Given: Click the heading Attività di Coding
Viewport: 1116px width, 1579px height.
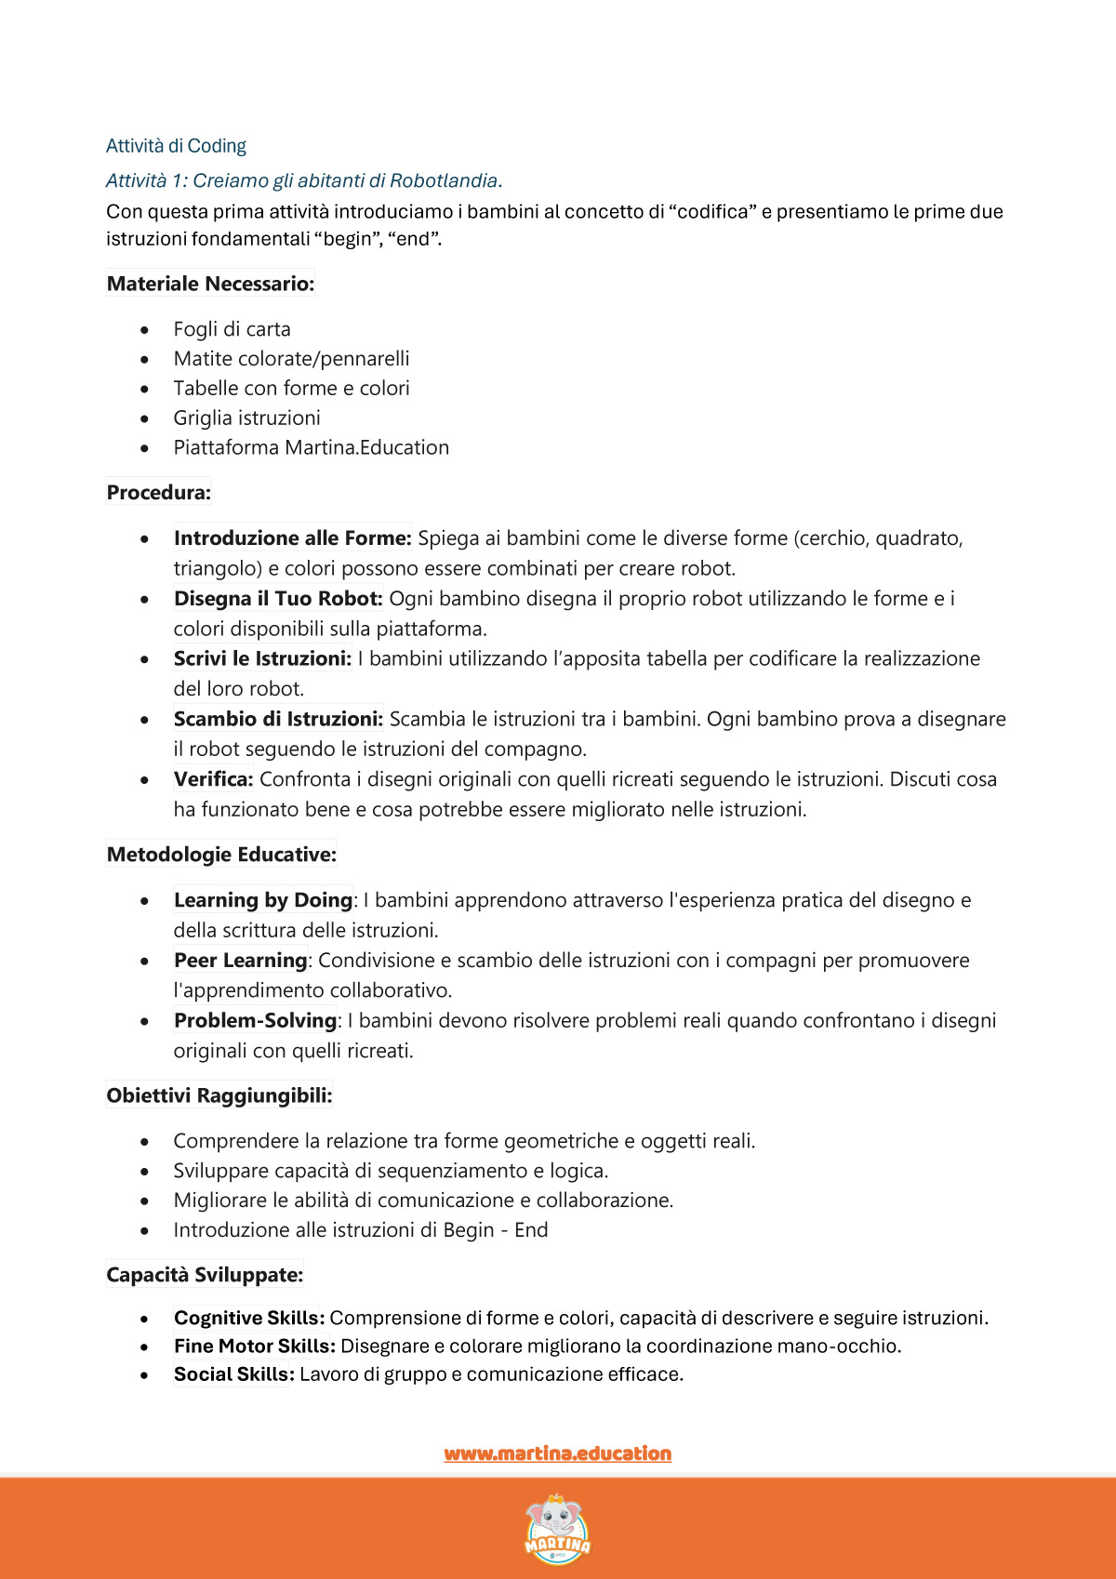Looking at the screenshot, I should (x=176, y=146).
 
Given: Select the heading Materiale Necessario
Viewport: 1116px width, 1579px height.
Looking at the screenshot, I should (x=210, y=284).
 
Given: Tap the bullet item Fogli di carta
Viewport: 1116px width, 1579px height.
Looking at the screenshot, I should (x=232, y=329).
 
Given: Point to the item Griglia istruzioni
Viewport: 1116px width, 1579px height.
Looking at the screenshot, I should (x=246, y=418).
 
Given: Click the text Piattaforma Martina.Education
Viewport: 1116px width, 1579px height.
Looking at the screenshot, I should (x=311, y=447).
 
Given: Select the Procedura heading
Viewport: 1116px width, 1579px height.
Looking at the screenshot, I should (x=159, y=492).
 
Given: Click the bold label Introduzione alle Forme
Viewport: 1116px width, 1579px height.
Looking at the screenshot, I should (x=292, y=538).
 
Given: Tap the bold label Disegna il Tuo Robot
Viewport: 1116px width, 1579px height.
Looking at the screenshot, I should (x=278, y=599).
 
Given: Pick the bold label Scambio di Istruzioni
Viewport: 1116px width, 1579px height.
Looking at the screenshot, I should (x=278, y=719).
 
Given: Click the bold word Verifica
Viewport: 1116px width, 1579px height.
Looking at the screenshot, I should (x=213, y=779).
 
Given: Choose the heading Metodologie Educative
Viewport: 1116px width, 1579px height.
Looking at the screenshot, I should (x=221, y=855).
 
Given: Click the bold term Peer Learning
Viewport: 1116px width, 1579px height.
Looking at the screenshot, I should (x=240, y=961).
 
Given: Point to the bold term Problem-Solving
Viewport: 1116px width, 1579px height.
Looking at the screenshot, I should (x=255, y=1020).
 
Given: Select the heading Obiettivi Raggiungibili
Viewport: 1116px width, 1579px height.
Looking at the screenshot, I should (x=219, y=1095).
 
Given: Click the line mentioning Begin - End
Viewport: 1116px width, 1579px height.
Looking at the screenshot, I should (x=360, y=1230).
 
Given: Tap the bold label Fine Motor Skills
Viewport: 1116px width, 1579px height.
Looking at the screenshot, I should (x=254, y=1346).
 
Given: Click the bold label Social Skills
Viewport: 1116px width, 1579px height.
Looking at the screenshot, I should (x=233, y=1374).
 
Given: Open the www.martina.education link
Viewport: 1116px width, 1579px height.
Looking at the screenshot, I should (x=557, y=1453).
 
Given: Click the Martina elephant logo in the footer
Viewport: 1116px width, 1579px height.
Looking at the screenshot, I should (x=557, y=1528).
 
